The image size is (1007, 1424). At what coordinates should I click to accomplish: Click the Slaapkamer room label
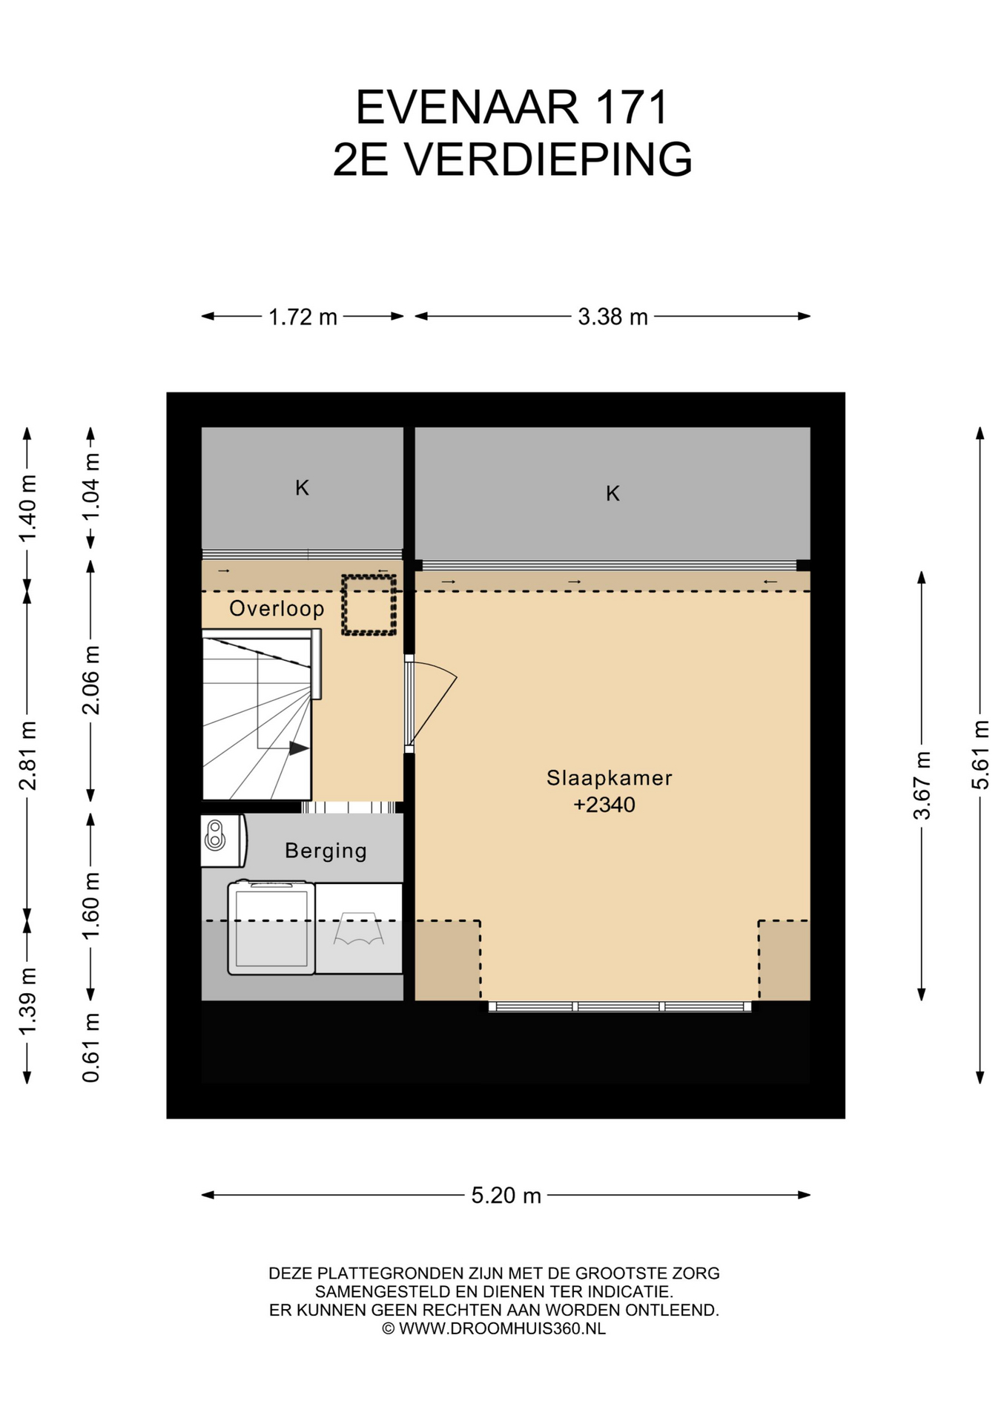point(609,778)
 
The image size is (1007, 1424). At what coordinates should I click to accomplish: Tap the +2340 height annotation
point(604,805)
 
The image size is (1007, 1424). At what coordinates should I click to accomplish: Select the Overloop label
point(277,609)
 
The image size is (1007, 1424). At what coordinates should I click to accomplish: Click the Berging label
point(326,851)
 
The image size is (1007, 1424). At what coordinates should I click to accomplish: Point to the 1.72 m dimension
point(303,317)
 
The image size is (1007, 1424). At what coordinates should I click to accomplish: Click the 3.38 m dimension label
point(613,317)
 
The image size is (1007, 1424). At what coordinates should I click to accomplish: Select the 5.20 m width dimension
point(506,1196)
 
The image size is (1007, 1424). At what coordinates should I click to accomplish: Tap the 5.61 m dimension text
point(980,754)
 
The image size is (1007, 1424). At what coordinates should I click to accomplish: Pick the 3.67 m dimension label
point(922,785)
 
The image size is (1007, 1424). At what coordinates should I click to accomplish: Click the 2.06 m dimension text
point(90,680)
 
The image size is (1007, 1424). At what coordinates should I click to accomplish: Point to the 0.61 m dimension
point(90,1047)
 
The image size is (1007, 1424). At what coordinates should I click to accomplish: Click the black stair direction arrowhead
point(299,748)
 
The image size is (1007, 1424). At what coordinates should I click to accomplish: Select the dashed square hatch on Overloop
point(369,604)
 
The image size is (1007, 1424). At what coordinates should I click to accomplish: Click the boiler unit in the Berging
point(223,840)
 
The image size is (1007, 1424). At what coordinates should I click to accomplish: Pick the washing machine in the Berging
point(271,928)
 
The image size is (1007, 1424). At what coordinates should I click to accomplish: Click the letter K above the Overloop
point(302,488)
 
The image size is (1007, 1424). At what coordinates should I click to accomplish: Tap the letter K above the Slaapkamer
point(613,494)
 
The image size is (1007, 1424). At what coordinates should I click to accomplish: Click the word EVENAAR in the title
point(467,108)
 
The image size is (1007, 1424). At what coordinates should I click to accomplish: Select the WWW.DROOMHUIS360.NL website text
point(502,1328)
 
